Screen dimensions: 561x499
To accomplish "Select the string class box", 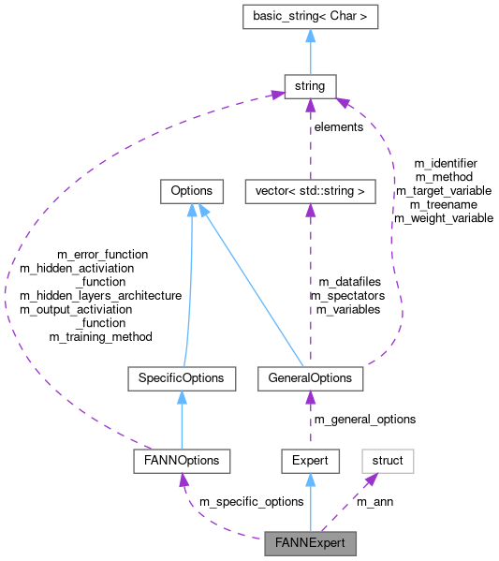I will pyautogui.click(x=310, y=86).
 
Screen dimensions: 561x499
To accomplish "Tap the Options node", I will pyautogui.click(x=192, y=191).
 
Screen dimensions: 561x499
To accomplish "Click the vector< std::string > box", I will pyautogui.click(x=310, y=191).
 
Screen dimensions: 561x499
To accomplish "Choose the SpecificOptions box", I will pyautogui.click(x=182, y=378).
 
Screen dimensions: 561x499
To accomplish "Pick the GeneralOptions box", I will pyautogui.click(x=310, y=378).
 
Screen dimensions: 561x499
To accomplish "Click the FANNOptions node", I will pyautogui.click(x=182, y=461).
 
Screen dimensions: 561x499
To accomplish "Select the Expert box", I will pyautogui.click(x=310, y=461).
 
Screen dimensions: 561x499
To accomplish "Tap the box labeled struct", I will pyautogui.click(x=388, y=461).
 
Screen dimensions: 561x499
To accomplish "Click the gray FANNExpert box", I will pyautogui.click(x=310, y=542).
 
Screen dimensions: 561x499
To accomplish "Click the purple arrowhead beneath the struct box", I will pyautogui.click(x=370, y=480).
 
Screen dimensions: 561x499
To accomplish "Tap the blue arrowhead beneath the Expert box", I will pyautogui.click(x=310, y=480).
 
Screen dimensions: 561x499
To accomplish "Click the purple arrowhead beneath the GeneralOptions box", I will pyautogui.click(x=310, y=398).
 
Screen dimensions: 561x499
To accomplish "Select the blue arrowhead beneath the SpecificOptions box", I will pyautogui.click(x=182, y=398).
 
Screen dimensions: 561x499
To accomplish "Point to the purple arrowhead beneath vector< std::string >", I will pyautogui.click(x=310, y=211).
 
